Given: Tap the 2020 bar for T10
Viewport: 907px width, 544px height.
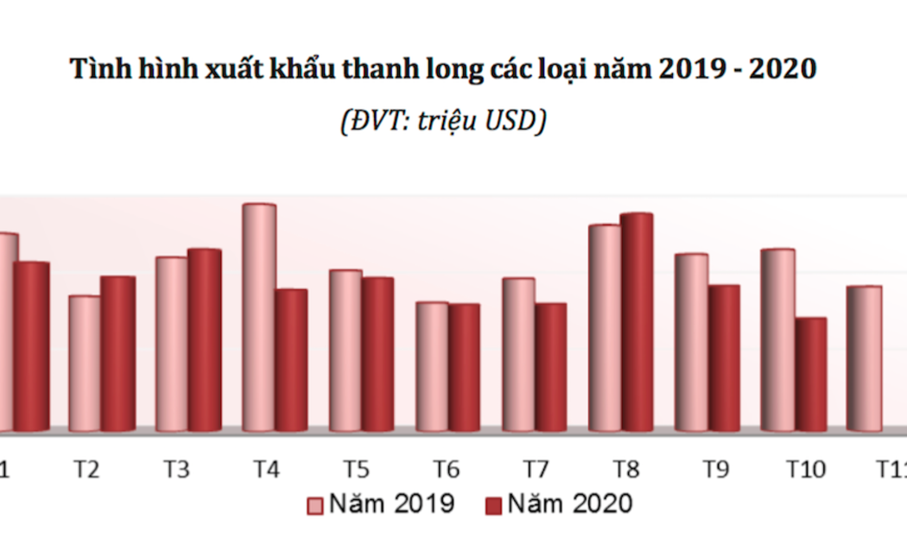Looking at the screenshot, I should pos(811,375).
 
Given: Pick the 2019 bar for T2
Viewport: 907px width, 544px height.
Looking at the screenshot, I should pos(85,364).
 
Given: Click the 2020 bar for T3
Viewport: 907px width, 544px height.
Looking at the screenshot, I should pos(205,340).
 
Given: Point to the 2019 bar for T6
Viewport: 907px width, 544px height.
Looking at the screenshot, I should pos(432,366).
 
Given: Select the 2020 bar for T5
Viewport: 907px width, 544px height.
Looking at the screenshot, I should pos(377,354).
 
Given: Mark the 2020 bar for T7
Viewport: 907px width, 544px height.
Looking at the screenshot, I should pos(550,367).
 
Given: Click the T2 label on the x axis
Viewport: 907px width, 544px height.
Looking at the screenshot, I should pos(86,470).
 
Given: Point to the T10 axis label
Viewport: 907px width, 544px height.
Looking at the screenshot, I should pos(805,470).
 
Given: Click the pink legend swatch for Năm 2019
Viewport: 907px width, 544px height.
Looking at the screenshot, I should pos(316,504).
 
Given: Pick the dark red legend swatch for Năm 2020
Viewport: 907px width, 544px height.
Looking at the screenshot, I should pos(493,504).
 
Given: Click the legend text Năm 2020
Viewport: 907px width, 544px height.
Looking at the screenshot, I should pos(569,503).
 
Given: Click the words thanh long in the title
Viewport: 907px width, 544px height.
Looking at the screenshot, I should pos(390,69).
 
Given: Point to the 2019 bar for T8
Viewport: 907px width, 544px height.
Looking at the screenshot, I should pos(605,327).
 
